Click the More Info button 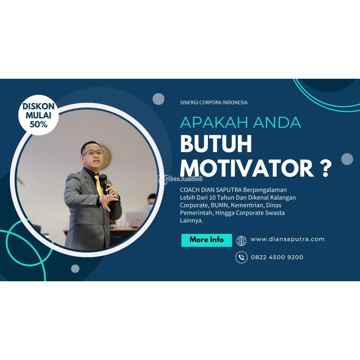[x=207, y=240]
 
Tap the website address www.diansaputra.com [x=287, y=239]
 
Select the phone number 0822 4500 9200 [x=277, y=257]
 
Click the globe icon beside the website [x=242, y=240]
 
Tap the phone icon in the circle [x=242, y=257]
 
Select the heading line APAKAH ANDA [x=240, y=122]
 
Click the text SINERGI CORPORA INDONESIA [x=213, y=103]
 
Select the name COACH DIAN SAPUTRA [x=207, y=190]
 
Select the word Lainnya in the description [x=191, y=220]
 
